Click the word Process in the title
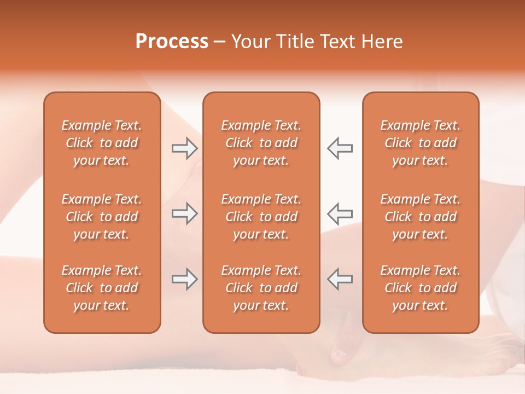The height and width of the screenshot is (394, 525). (x=172, y=42)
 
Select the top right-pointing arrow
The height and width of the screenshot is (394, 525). (x=184, y=148)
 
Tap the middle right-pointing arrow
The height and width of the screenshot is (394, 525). (x=184, y=213)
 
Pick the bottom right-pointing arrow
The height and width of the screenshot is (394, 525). (x=184, y=279)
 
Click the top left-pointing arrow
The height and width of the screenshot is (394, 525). (x=340, y=148)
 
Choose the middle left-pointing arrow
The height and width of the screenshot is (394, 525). (x=340, y=213)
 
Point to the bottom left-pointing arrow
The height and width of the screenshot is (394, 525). (x=340, y=279)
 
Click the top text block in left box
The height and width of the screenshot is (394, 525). (x=102, y=143)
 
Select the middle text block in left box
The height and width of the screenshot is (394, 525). (x=102, y=217)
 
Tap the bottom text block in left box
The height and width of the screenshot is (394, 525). (x=102, y=288)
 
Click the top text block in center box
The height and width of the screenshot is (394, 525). (x=261, y=143)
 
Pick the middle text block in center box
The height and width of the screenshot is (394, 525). (x=261, y=217)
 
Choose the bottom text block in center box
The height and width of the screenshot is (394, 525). (x=261, y=288)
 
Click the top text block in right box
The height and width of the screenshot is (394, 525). (x=421, y=143)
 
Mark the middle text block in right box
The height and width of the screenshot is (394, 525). (x=421, y=217)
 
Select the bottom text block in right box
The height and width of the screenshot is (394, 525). (x=421, y=288)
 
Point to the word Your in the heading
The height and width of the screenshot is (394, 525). (x=251, y=42)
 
